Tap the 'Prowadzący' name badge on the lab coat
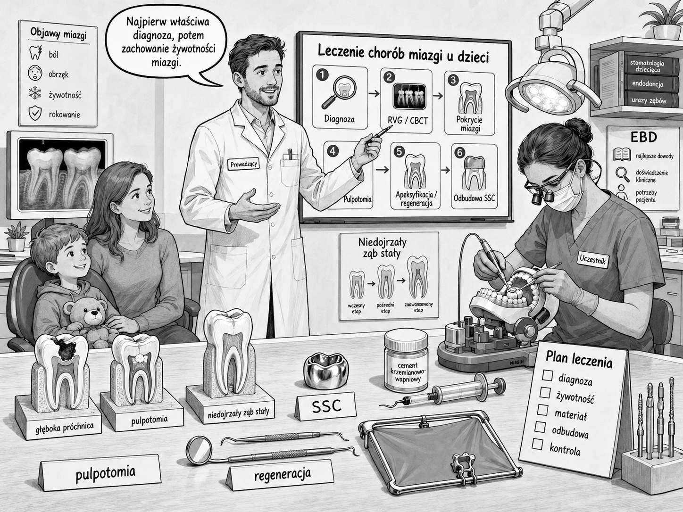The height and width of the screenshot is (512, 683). (x=244, y=164)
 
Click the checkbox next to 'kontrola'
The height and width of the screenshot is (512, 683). (x=537, y=444)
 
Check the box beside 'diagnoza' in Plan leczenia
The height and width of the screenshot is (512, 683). (x=547, y=375)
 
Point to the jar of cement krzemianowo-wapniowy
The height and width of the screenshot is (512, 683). (x=406, y=361)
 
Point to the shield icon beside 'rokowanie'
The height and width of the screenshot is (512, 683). (x=35, y=114)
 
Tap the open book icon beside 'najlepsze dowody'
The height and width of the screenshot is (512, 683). (x=622, y=155)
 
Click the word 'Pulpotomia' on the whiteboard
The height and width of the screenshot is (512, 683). (x=358, y=199)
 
